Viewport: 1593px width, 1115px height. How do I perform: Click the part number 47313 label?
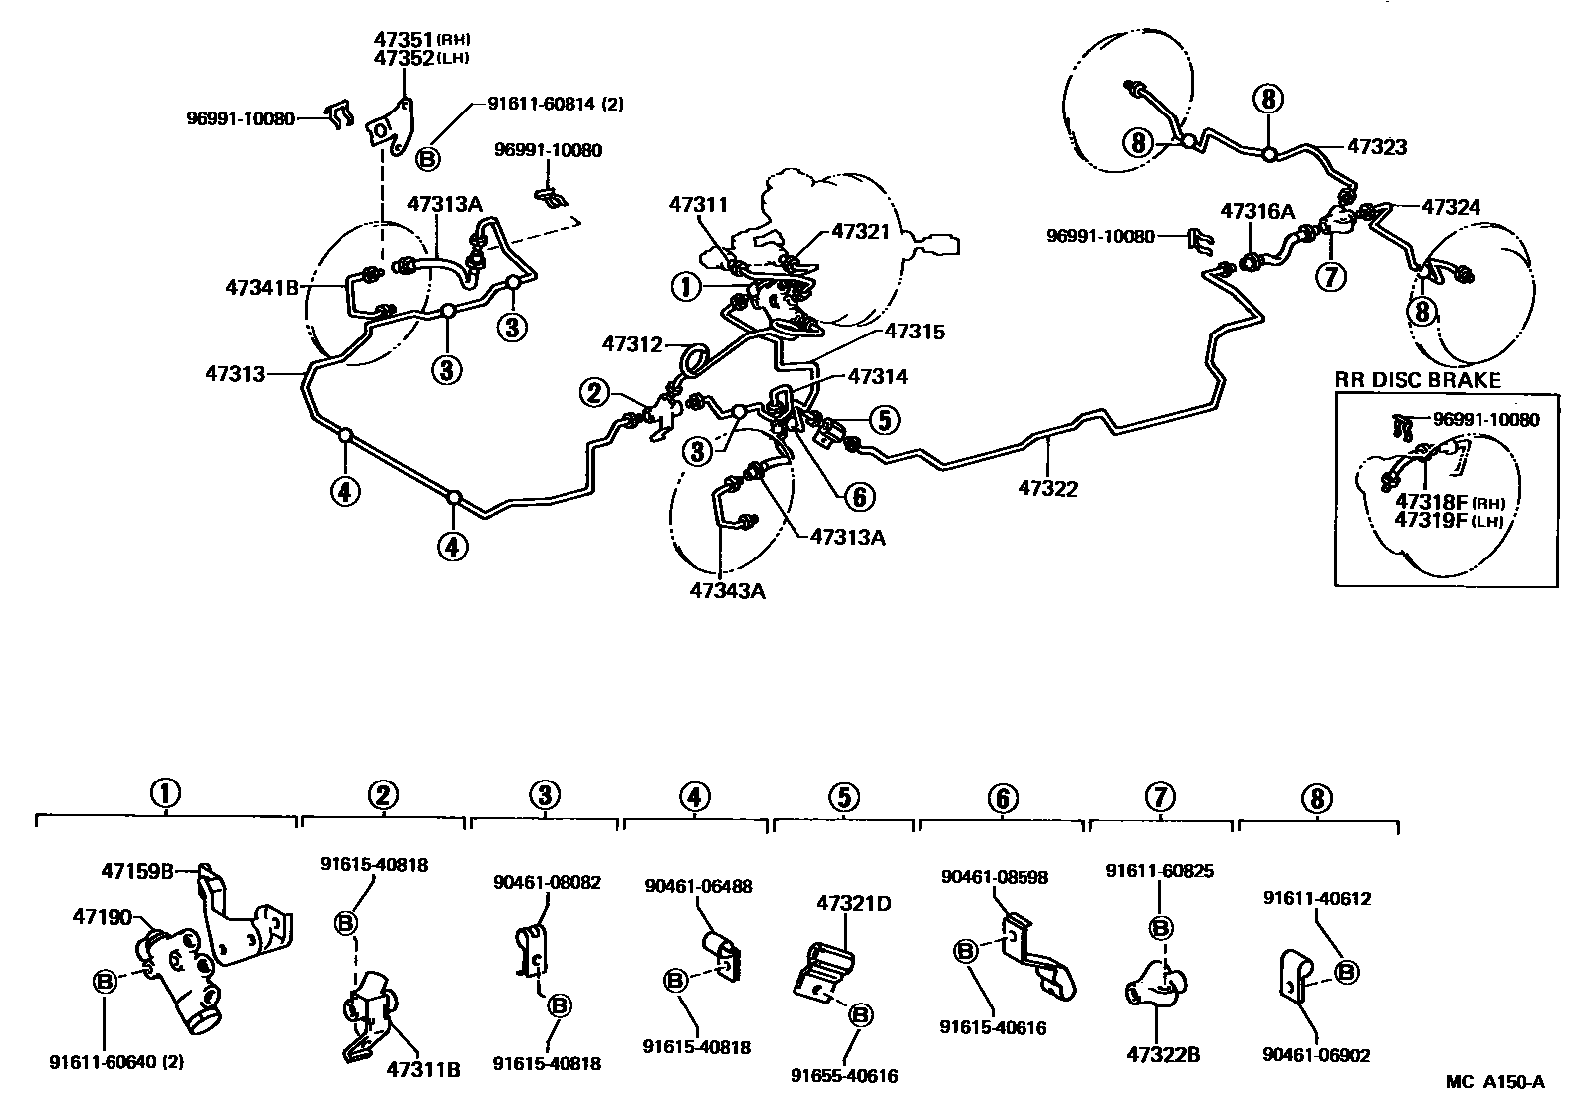pos(235,374)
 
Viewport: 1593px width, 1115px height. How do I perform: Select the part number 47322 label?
pos(1047,489)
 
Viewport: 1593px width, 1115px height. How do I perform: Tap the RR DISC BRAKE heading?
pos(1418,380)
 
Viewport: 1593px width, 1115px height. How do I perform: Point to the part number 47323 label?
pos(1377,147)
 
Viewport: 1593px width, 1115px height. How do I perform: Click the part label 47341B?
pos(262,288)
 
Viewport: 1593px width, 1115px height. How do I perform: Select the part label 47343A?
pos(728,591)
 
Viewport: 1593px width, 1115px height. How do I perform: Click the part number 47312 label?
pos(632,344)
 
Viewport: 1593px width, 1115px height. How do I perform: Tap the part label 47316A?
pos(1258,211)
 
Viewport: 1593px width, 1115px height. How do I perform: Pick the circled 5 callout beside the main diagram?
pos(884,419)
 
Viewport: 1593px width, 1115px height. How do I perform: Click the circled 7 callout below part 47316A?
pos(1330,276)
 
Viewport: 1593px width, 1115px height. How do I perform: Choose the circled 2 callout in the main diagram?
pos(594,392)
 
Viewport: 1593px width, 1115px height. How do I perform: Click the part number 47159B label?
pos(137,871)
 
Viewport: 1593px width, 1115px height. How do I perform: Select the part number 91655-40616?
pos(844,1076)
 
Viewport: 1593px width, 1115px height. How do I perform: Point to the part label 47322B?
pos(1163,1054)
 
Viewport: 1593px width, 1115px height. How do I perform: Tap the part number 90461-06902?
pos(1316,1055)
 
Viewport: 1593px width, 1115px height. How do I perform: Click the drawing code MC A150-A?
pos(1494,1082)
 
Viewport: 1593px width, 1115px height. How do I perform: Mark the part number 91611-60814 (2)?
pos(556,104)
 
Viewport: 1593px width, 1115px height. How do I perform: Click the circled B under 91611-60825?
pos(1160,928)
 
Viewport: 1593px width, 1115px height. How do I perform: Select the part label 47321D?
pos(853,903)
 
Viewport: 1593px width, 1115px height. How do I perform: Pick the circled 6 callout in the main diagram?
pos(859,496)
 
